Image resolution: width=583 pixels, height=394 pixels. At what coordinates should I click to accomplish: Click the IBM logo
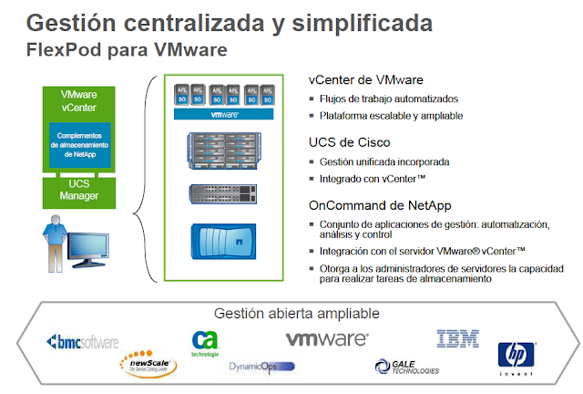tap(458, 339)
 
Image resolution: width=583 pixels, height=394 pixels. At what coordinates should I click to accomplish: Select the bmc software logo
tap(82, 343)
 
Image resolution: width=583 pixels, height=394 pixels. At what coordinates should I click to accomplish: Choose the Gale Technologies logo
tap(407, 367)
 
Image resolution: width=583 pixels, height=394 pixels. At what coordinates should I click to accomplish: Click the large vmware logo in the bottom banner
tap(327, 339)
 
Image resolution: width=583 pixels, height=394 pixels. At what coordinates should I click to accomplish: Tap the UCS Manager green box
tap(79, 190)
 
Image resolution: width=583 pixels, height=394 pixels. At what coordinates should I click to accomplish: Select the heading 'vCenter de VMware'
tap(365, 80)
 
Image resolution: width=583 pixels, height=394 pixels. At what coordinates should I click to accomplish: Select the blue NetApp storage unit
tap(218, 244)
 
